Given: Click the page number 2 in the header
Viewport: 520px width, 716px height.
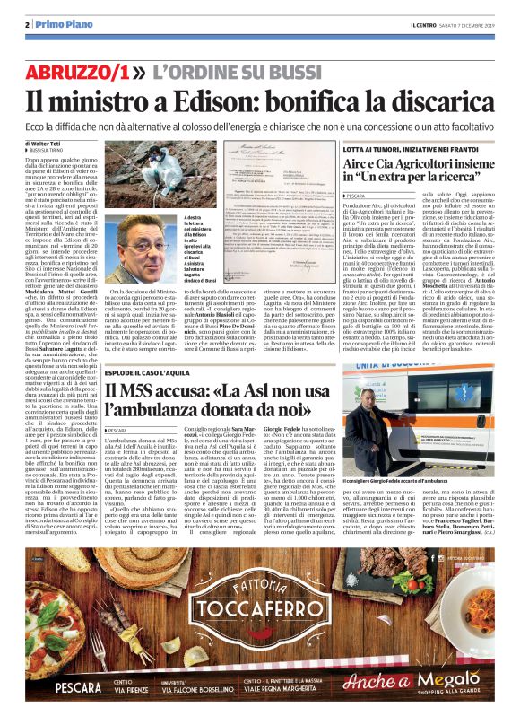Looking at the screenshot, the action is click(30, 24).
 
